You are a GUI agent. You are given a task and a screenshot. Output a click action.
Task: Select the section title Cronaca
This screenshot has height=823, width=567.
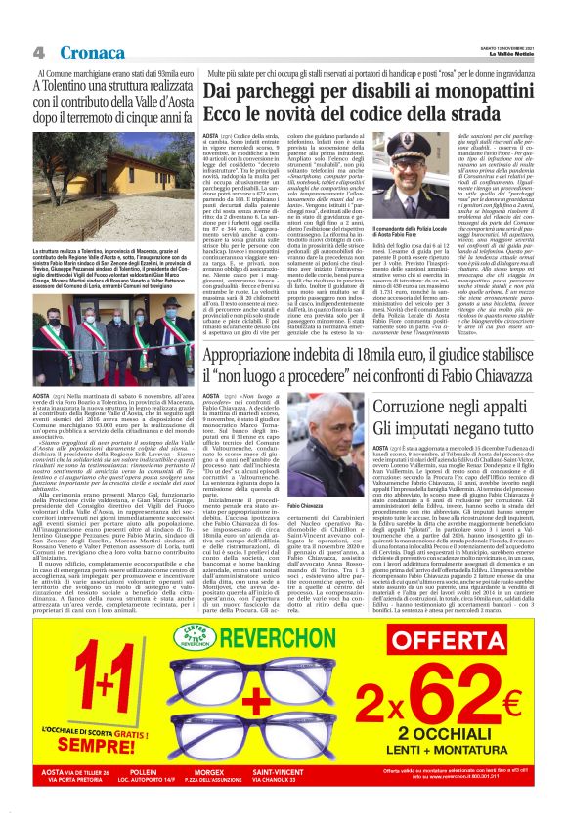point(91,51)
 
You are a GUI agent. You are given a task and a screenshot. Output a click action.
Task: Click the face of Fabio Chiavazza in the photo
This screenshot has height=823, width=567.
point(302,468)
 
